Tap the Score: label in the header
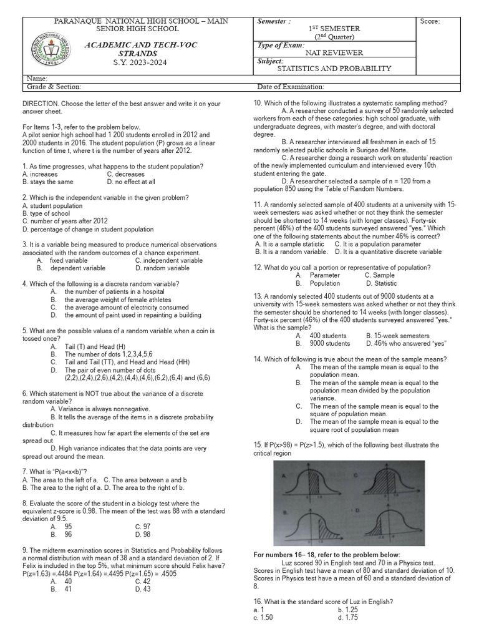pyautogui.click(x=430, y=22)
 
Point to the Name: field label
pyautogui.click(x=37, y=79)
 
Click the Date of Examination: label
pyautogui.click(x=290, y=87)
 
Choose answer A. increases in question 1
pyautogui.click(x=40, y=174)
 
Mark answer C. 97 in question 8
pyautogui.click(x=143, y=527)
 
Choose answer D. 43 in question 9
pyautogui.click(x=143, y=588)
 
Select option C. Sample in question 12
pyautogui.click(x=379, y=275)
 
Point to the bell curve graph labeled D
pyautogui.click(x=386, y=523)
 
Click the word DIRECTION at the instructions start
pyautogui.click(x=43, y=104)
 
